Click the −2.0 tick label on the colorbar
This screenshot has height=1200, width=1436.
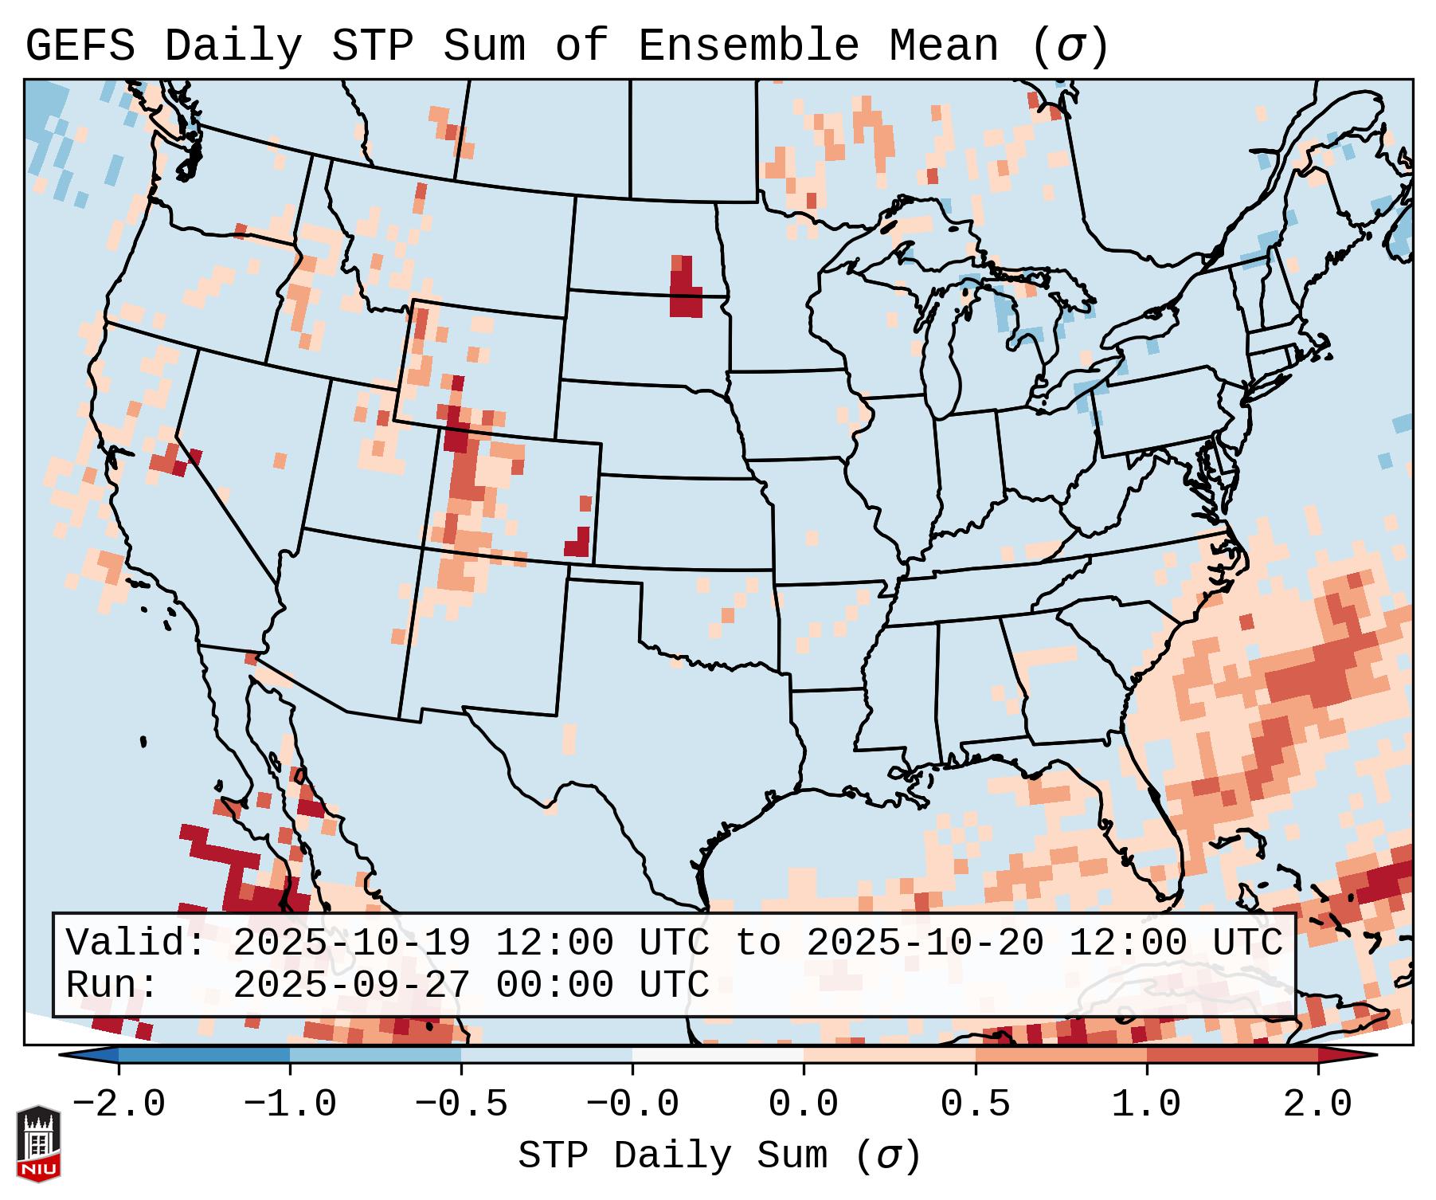[119, 1104]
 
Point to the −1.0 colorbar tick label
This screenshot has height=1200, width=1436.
[290, 1104]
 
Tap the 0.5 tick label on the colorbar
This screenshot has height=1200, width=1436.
[975, 1104]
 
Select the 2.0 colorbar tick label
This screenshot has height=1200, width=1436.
[1317, 1104]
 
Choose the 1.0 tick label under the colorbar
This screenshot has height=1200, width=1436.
[1146, 1104]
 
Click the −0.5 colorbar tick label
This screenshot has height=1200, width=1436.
[461, 1104]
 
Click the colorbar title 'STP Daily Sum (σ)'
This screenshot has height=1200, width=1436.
[718, 1155]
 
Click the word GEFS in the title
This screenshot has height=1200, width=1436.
[80, 46]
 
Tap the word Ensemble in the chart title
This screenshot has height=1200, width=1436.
[748, 46]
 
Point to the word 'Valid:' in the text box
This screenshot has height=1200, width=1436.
[136, 943]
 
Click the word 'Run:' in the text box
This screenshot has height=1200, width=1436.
[112, 985]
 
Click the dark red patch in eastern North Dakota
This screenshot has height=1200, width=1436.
[685, 292]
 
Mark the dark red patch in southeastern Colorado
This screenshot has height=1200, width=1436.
[578, 544]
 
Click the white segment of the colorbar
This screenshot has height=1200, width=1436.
[718, 1055]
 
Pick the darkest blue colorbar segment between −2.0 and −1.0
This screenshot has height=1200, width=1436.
[204, 1055]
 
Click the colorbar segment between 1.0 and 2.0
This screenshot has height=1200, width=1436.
[1232, 1055]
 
